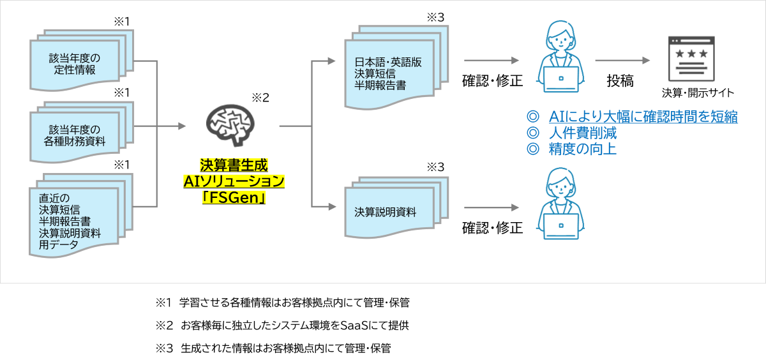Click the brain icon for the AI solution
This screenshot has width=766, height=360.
230,125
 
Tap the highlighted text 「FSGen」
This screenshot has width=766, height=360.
234,197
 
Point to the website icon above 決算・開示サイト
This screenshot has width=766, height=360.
691,59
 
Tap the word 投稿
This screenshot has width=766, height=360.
620,81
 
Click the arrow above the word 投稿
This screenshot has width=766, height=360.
622,61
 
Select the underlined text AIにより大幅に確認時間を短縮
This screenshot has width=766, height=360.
643,117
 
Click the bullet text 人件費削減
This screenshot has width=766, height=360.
583,133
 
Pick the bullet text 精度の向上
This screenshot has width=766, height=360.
583,149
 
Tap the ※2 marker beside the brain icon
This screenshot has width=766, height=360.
260,98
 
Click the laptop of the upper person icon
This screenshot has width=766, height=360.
561,79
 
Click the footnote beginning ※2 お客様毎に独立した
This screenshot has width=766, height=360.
282,325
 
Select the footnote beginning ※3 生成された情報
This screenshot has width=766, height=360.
273,348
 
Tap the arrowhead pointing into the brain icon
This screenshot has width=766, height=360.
182,126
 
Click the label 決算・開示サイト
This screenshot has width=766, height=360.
698,93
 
